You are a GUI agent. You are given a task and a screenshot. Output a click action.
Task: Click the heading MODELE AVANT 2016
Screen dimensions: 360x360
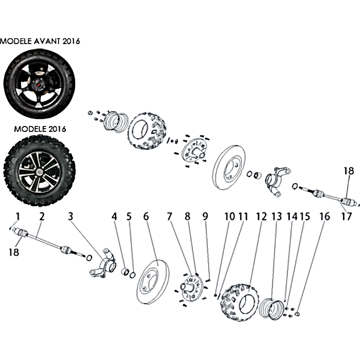pyautogui.click(x=40, y=41)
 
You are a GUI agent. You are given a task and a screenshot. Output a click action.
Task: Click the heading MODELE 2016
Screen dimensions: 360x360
pyautogui.click(x=40, y=129)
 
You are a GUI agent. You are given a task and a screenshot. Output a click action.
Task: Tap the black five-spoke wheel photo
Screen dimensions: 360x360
pyautogui.click(x=39, y=84)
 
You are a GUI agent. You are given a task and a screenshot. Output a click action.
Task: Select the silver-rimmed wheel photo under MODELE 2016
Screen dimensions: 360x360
pyautogui.click(x=39, y=171)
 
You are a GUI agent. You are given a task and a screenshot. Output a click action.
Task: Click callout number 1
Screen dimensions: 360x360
pyautogui.click(x=18, y=216)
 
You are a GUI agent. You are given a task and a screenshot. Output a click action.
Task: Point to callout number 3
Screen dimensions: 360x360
pyautogui.click(x=71, y=216)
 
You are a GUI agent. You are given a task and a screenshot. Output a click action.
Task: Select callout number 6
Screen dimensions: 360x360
pyautogui.click(x=146, y=216)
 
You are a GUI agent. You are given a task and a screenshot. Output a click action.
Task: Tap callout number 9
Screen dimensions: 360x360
pyautogui.click(x=205, y=216)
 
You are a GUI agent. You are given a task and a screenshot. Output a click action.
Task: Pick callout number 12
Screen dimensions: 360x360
pyautogui.click(x=261, y=216)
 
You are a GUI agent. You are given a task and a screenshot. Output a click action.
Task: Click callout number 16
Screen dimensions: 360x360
pyautogui.click(x=324, y=216)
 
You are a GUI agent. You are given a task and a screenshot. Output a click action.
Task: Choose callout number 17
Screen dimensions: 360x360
pyautogui.click(x=346, y=216)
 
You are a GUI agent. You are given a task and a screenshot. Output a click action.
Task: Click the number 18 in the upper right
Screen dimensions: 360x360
pyautogui.click(x=349, y=171)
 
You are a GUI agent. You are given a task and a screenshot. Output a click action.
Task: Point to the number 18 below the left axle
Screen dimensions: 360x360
pyautogui.click(x=14, y=252)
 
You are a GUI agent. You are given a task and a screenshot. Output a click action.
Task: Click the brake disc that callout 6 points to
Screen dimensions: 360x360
pyautogui.click(x=153, y=282)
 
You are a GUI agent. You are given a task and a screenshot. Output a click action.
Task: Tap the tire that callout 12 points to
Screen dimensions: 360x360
pyautogui.click(x=239, y=302)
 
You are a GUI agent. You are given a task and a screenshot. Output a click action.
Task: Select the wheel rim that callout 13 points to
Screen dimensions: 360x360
pyautogui.click(x=271, y=309)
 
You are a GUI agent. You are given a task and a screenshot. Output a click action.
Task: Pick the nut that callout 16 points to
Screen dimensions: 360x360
pyautogui.click(x=297, y=313)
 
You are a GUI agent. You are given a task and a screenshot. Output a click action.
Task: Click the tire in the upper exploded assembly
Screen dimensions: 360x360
pyautogui.click(x=147, y=130)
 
